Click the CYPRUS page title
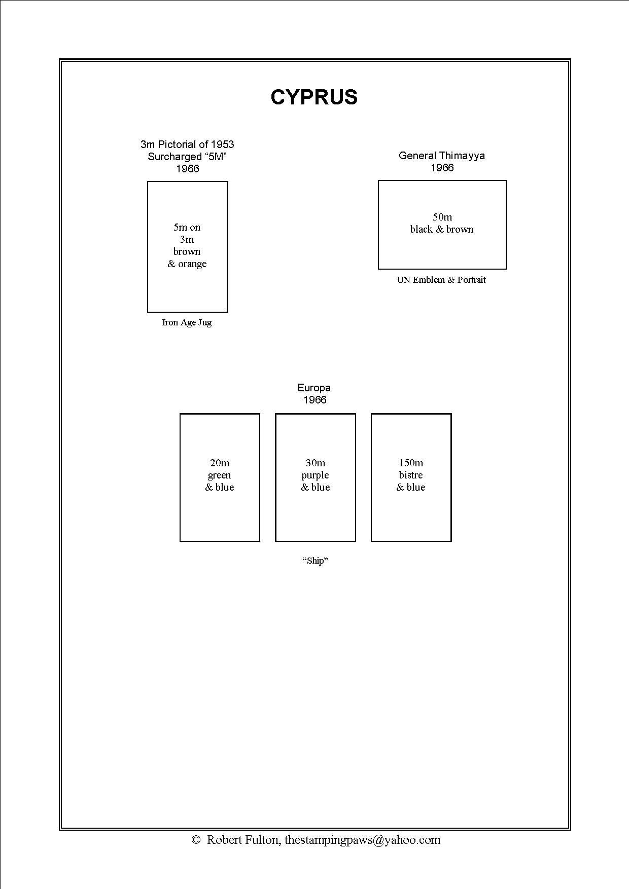click(x=314, y=97)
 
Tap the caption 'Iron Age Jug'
click(x=187, y=322)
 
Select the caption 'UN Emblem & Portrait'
click(x=441, y=280)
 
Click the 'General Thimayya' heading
click(x=442, y=156)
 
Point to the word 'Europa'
click(x=314, y=388)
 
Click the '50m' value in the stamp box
click(x=442, y=217)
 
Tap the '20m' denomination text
click(x=220, y=463)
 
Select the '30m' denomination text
click(x=316, y=463)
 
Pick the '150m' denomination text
click(x=411, y=463)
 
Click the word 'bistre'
click(x=411, y=475)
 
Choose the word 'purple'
click(x=315, y=475)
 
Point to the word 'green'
click(x=220, y=475)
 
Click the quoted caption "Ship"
click(x=315, y=561)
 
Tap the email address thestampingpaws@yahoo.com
click(x=362, y=840)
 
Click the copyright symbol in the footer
click(x=196, y=840)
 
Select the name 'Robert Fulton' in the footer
click(x=243, y=840)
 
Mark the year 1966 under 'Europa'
click(x=314, y=400)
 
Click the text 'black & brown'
click(x=442, y=229)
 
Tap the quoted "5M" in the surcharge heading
click(x=215, y=157)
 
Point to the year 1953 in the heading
click(x=223, y=144)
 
